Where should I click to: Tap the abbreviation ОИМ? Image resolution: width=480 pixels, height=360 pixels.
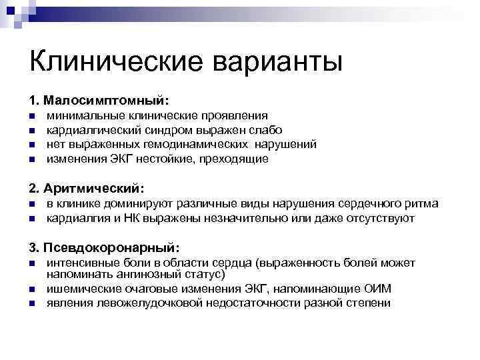(x=378, y=288)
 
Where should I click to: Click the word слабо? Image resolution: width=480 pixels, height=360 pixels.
(x=266, y=130)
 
